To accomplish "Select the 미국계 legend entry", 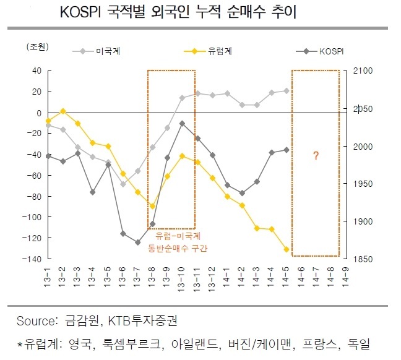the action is [x=97, y=51].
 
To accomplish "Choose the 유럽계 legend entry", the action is [x=208, y=51].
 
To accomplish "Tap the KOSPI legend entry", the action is [x=320, y=51].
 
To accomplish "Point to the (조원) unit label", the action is [x=37, y=47].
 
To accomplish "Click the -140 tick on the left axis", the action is [x=32, y=259].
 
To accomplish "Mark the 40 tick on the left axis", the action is [x=37, y=71].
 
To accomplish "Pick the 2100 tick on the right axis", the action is [x=363, y=71].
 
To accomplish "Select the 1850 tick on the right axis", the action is [x=363, y=259].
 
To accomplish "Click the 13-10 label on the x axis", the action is [x=181, y=280].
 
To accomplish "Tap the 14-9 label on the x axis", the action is [x=345, y=277].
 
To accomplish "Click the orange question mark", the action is [x=316, y=155].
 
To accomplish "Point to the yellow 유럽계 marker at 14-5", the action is [x=287, y=249].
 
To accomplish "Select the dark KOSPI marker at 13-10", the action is [x=182, y=124].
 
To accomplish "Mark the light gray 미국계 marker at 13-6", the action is [x=123, y=184].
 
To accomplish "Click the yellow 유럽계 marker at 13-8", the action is [x=152, y=206].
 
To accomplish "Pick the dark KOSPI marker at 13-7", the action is [x=138, y=242].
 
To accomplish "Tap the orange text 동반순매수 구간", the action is [x=178, y=248].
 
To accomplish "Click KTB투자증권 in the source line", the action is [x=142, y=321].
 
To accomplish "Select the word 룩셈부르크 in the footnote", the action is [x=132, y=344].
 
